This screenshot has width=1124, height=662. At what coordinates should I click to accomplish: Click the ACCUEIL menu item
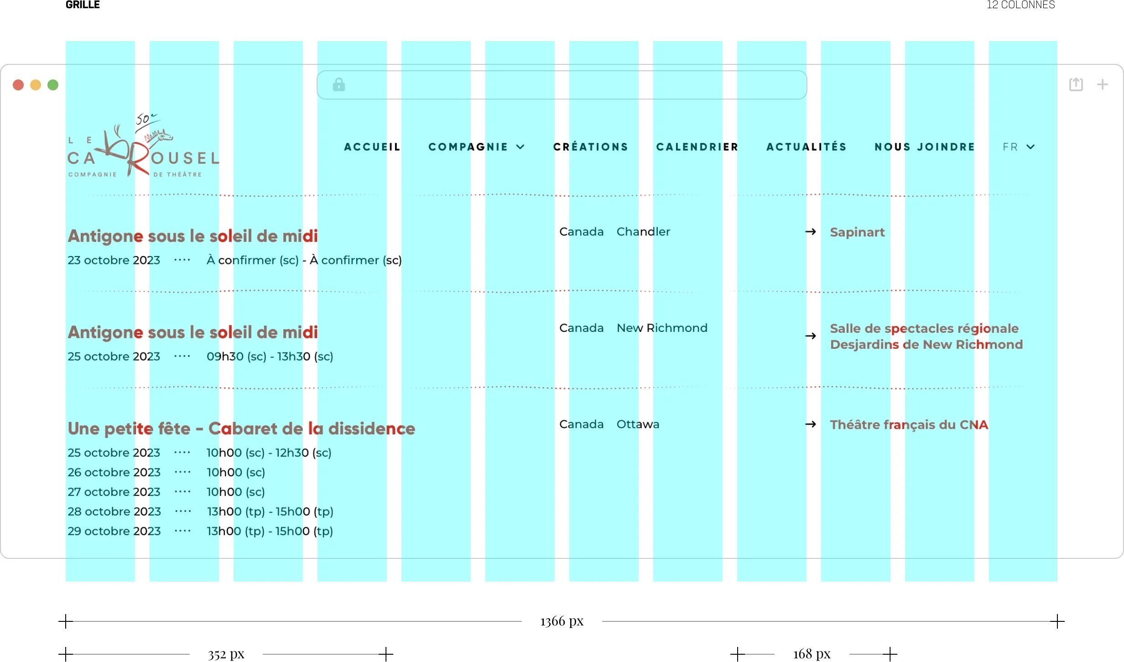[x=372, y=147]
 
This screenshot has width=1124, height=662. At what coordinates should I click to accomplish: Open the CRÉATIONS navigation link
[x=591, y=147]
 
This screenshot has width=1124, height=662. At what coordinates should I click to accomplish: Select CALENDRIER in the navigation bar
[x=697, y=147]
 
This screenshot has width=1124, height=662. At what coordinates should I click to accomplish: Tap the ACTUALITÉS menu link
[x=806, y=147]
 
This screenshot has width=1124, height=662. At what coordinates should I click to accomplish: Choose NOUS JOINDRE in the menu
[x=925, y=147]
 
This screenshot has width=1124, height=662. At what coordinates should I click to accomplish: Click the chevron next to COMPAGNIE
[x=520, y=147]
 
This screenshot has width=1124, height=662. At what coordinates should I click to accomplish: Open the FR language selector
[x=1018, y=147]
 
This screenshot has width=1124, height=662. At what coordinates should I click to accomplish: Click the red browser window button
[x=18, y=85]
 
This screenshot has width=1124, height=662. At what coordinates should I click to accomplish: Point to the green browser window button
[x=53, y=85]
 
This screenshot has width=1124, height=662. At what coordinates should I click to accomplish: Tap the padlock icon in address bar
[x=339, y=84]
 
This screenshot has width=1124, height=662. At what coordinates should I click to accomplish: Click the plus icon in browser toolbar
[x=1103, y=84]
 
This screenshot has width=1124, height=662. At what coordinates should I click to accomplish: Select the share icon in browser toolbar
[x=1076, y=84]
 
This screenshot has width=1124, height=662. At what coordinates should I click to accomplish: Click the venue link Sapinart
[x=857, y=232]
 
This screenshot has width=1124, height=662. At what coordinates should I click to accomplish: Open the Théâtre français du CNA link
[x=909, y=425]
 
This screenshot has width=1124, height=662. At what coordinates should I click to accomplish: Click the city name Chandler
[x=643, y=232]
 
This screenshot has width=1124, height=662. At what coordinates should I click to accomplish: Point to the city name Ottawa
[x=638, y=425]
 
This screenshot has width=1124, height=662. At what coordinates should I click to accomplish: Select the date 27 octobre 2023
[x=114, y=492]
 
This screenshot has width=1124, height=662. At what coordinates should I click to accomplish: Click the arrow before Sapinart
[x=811, y=232]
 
